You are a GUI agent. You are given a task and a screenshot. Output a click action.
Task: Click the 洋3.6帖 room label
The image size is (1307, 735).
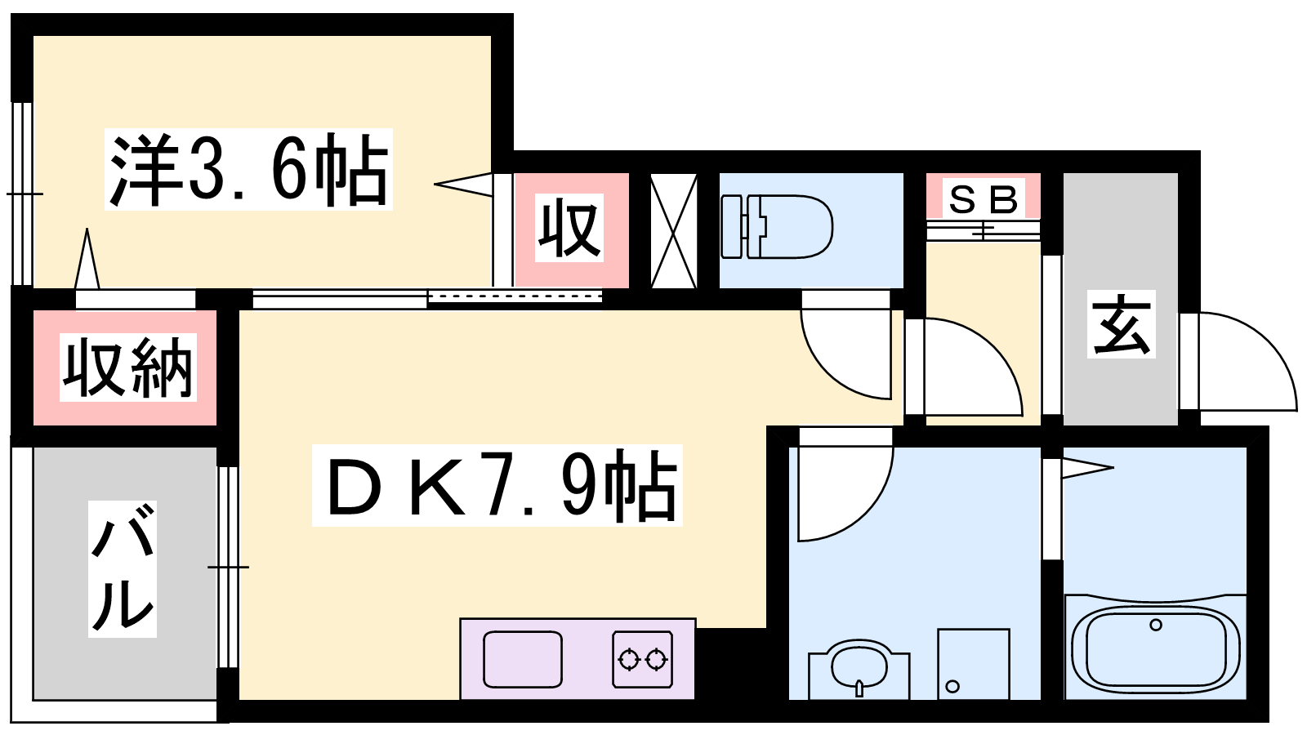pos(248,169)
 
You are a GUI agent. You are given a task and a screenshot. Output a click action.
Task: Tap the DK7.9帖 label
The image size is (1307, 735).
pos(497,485)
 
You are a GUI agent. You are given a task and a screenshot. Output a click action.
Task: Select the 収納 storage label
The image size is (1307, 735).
pos(127,367)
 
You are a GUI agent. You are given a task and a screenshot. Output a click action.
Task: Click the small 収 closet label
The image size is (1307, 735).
pos(569,228)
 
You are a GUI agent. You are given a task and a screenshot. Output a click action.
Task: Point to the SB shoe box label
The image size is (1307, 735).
pos(984,199)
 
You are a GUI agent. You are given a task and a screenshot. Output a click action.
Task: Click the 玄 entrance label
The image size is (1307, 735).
pos(1121,323)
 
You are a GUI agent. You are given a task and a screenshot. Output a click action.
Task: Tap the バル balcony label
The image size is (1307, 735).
pos(123,568)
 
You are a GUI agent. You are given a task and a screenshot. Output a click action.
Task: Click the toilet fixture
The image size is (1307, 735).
pos(777,227)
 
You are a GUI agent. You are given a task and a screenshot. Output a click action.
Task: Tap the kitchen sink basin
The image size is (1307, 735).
pos(523,659)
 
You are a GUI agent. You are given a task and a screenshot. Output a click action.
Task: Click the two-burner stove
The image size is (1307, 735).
pos(642,659)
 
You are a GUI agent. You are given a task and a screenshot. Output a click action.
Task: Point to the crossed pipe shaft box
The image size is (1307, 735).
pos(673,230)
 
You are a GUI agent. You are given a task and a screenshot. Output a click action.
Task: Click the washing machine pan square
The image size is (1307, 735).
pos(973,664)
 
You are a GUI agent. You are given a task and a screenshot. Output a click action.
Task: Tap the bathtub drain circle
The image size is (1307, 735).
pos(1155,625)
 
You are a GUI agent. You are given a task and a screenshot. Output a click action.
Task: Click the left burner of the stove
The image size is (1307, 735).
pos(628,660)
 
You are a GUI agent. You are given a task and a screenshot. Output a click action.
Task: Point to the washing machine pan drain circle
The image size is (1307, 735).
pos(952,686)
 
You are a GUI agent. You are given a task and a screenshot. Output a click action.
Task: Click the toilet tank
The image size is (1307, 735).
pos(732,227)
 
